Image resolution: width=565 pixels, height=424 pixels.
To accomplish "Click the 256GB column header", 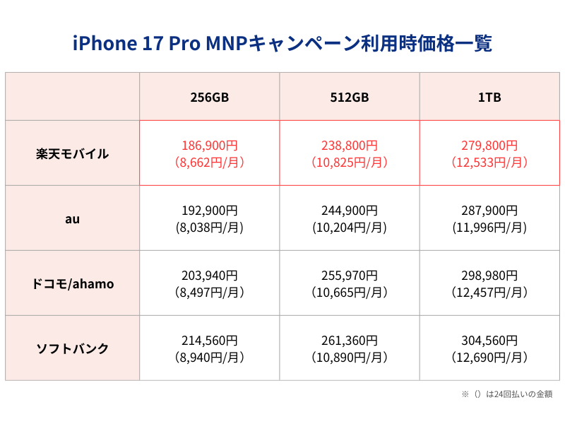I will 209,98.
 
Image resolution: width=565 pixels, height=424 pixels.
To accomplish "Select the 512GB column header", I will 350,98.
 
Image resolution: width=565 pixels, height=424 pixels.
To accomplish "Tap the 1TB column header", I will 489,98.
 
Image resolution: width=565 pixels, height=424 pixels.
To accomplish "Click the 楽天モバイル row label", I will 72,153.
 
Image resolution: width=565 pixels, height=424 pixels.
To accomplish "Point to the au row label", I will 72,218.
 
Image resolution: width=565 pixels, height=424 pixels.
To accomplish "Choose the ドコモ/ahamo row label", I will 72,283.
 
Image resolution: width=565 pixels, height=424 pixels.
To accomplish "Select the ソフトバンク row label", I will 72,348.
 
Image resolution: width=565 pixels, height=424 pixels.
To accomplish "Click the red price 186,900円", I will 209,146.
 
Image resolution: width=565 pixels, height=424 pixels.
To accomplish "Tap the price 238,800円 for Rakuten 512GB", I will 350,146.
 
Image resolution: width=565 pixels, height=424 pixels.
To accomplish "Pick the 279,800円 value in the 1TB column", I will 489,146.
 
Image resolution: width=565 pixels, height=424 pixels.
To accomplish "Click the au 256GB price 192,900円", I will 209,211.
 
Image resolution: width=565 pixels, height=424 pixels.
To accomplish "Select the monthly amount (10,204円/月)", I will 350,228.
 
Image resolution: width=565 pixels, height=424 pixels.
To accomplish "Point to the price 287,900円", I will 489,211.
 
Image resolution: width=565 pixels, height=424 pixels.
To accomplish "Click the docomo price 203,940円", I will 209,276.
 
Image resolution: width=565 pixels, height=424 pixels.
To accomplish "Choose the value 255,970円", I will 350,276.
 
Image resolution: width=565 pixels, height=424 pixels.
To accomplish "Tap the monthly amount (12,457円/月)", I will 489,293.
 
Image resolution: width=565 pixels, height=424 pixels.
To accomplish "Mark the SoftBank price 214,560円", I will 209,341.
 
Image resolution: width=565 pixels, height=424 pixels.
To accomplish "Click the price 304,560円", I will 489,341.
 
